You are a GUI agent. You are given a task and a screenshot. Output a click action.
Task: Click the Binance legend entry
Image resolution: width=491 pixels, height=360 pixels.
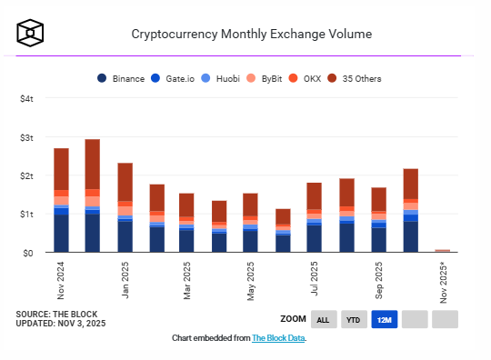tap(122, 78)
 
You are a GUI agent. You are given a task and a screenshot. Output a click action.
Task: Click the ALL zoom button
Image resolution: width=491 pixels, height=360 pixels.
tap(323, 319)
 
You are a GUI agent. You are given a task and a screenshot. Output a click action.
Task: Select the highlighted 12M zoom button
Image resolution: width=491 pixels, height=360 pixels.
tap(384, 319)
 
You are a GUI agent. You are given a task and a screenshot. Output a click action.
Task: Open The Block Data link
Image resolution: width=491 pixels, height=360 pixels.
tap(278, 338)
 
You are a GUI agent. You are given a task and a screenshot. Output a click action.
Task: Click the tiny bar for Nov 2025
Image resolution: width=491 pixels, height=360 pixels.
tap(443, 250)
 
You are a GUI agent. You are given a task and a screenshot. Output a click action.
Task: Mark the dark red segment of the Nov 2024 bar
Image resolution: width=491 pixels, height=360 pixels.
tap(62, 169)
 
